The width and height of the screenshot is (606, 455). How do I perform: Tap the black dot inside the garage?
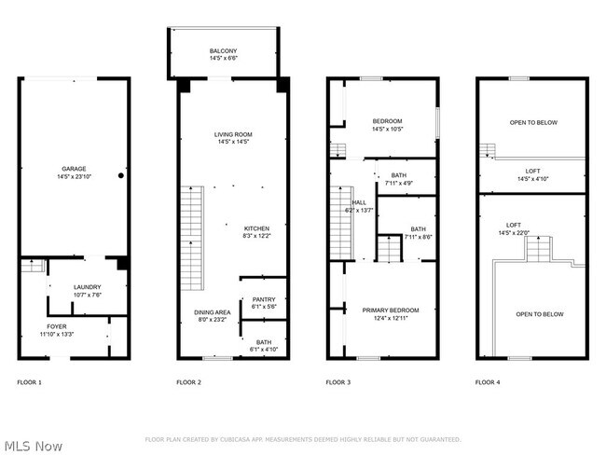point(120,175)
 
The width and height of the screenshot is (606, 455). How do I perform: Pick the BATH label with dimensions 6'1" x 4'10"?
point(264,345)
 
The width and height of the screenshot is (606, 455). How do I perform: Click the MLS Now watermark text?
point(33,446)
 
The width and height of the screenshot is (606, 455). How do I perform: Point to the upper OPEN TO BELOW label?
point(533,122)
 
